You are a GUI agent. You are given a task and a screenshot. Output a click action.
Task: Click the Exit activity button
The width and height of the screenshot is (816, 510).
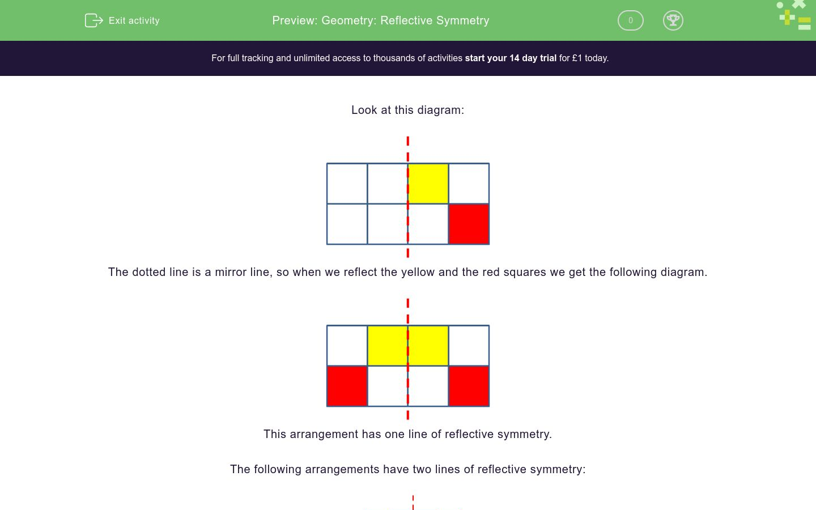123,20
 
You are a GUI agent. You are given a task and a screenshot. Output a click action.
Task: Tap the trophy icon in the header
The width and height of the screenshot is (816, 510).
673,20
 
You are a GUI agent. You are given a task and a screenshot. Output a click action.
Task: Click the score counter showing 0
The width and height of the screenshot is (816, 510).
630,20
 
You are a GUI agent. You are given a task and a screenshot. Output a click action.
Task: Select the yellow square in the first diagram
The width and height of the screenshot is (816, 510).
428,184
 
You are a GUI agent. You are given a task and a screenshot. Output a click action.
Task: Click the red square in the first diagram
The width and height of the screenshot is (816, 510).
469,224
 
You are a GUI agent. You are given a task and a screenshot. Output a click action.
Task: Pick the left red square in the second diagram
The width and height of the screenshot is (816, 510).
347,386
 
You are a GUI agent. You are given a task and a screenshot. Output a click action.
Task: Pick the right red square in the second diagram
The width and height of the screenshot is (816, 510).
469,386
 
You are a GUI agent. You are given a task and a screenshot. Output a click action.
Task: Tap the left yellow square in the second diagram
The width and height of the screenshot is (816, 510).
388,346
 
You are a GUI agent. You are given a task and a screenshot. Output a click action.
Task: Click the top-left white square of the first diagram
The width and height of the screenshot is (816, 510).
347,184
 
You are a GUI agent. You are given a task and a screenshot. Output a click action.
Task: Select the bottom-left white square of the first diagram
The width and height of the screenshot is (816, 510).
347,224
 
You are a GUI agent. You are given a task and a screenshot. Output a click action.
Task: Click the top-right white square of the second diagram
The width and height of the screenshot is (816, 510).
469,346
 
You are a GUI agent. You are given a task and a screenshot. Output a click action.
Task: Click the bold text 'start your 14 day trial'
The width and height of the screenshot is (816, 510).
511,58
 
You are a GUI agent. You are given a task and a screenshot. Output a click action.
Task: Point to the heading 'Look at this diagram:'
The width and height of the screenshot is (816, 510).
407,110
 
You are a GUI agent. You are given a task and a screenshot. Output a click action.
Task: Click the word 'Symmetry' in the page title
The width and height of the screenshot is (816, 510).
462,20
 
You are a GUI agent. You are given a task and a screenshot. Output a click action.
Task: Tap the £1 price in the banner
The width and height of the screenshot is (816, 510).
577,58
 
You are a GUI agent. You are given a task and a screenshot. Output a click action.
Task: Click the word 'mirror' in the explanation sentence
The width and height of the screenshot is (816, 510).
232,272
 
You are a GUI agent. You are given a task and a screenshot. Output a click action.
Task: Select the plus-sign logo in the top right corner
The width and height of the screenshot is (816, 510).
787,17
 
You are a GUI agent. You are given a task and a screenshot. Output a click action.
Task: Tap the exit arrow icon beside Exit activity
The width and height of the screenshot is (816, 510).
93,20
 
